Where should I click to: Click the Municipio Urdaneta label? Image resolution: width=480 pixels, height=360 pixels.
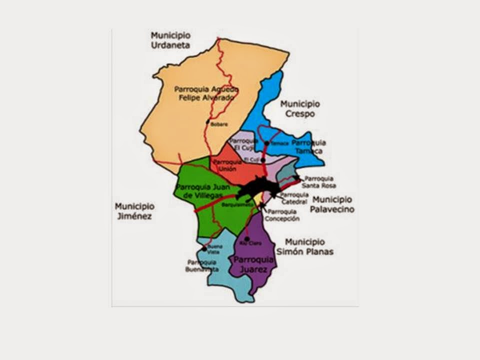171,40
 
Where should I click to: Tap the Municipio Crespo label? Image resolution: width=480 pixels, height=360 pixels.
300,108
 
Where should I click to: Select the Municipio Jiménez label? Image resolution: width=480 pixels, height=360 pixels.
134,211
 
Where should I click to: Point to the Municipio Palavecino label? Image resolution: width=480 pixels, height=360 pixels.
332,204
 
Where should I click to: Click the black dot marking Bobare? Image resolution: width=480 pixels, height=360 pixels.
208,121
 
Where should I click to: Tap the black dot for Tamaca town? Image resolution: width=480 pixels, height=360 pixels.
267,143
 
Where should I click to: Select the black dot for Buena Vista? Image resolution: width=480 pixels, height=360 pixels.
204,248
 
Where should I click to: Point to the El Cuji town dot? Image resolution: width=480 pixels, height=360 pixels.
263,160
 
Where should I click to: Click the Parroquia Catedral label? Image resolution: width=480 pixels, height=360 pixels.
294,198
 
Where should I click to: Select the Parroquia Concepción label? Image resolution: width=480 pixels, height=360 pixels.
282,215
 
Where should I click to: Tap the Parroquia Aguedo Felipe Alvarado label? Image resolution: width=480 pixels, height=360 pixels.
206,93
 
